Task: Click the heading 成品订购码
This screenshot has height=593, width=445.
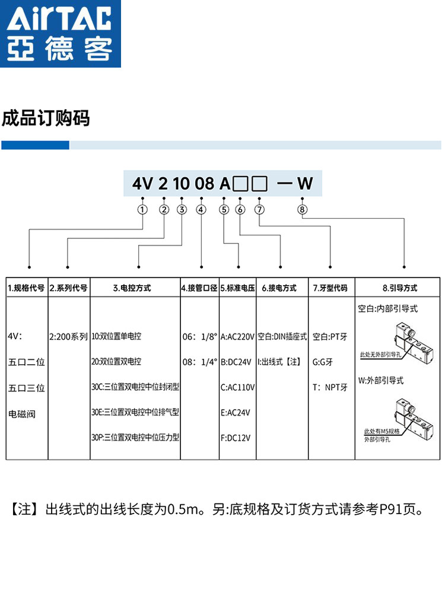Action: (46, 118)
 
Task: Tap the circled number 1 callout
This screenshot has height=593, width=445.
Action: (142, 209)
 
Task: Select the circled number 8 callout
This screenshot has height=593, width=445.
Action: (303, 209)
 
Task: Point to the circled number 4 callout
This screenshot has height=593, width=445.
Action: (201, 209)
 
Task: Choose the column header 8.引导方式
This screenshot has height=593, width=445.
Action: (399, 288)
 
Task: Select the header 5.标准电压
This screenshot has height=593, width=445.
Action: (237, 288)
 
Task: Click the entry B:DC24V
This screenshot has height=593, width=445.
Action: (237, 362)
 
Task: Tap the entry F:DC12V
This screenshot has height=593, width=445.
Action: (236, 438)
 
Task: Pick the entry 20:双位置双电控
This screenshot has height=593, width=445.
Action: (116, 362)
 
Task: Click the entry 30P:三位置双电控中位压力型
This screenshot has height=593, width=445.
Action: (135, 438)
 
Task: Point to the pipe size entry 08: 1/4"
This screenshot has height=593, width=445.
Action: (200, 362)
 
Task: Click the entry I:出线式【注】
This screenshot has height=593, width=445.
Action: (282, 362)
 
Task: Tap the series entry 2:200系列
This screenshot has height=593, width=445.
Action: (69, 336)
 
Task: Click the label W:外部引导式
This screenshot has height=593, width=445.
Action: (381, 381)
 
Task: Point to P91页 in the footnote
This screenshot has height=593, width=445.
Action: (397, 510)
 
